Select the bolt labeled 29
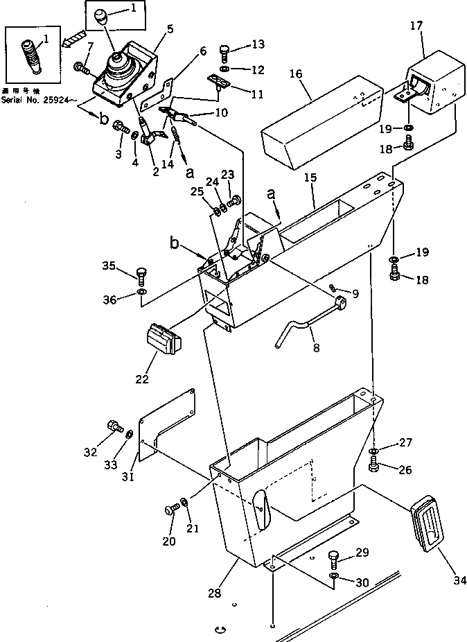(x=335, y=558)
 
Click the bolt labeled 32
(x=112, y=424)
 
